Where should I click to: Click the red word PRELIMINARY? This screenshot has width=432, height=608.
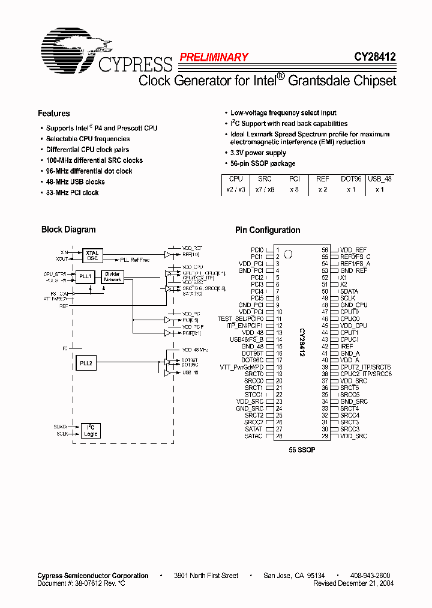point(214,58)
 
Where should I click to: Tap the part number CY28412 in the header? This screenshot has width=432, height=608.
point(374,57)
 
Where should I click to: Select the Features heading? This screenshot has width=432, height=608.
point(53,114)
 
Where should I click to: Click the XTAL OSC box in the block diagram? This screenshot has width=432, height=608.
point(92,255)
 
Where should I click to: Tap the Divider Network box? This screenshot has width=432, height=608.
point(112,277)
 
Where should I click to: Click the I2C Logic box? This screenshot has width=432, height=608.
point(91,430)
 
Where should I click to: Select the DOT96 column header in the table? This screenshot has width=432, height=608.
point(352,178)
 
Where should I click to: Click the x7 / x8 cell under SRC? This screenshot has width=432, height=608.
point(265,189)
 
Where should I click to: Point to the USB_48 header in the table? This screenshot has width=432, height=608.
point(379,178)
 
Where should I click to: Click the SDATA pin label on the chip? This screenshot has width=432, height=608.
point(349,291)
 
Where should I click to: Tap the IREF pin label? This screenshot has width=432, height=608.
point(347,347)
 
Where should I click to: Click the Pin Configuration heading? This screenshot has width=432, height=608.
point(268,230)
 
